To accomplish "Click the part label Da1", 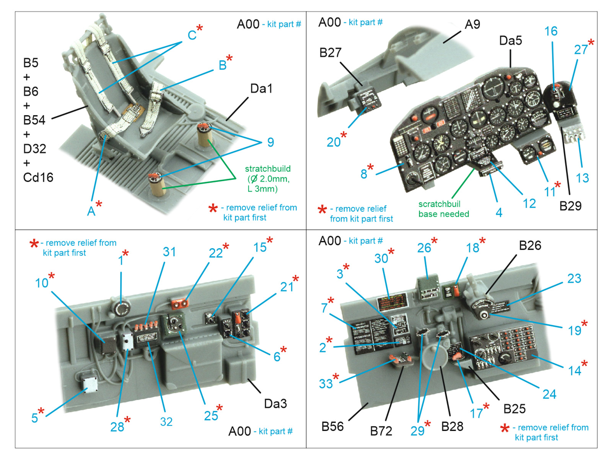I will point(261,89).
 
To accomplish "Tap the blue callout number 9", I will point(270,142).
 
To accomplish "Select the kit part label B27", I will point(330,53).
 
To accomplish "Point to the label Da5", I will point(510,41).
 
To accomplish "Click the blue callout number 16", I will point(551,31).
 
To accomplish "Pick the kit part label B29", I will point(570,206).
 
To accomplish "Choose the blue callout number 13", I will point(582,178).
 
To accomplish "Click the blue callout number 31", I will point(169,252).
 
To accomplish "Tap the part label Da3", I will point(275,404).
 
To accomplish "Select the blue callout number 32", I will point(166,422).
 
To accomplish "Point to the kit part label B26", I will point(530,246).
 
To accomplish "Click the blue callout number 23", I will point(574,278).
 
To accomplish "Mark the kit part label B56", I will point(332,426).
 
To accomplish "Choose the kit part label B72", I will point(381,431).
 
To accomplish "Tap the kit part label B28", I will point(452,426).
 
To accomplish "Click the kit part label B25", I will point(514,409).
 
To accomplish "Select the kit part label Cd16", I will point(38,177).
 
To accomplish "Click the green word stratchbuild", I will point(268,169).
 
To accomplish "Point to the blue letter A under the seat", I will point(91,211).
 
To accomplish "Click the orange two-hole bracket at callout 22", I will point(179,304).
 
